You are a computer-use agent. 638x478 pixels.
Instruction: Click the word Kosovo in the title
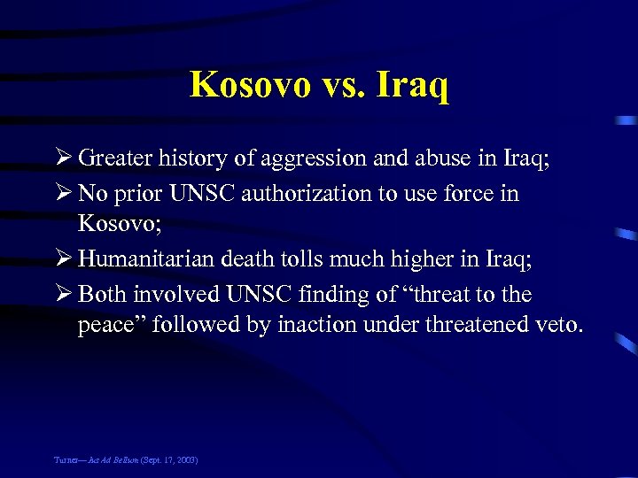point(249,85)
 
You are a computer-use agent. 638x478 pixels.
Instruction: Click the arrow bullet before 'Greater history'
point(63,158)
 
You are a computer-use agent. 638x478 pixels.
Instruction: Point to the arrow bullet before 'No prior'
point(63,193)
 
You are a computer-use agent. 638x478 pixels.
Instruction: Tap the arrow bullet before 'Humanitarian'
point(63,259)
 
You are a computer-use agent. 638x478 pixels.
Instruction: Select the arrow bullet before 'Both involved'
point(63,294)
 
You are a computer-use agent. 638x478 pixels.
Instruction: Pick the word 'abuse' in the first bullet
point(432,158)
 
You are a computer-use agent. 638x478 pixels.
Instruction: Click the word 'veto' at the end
point(557,326)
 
